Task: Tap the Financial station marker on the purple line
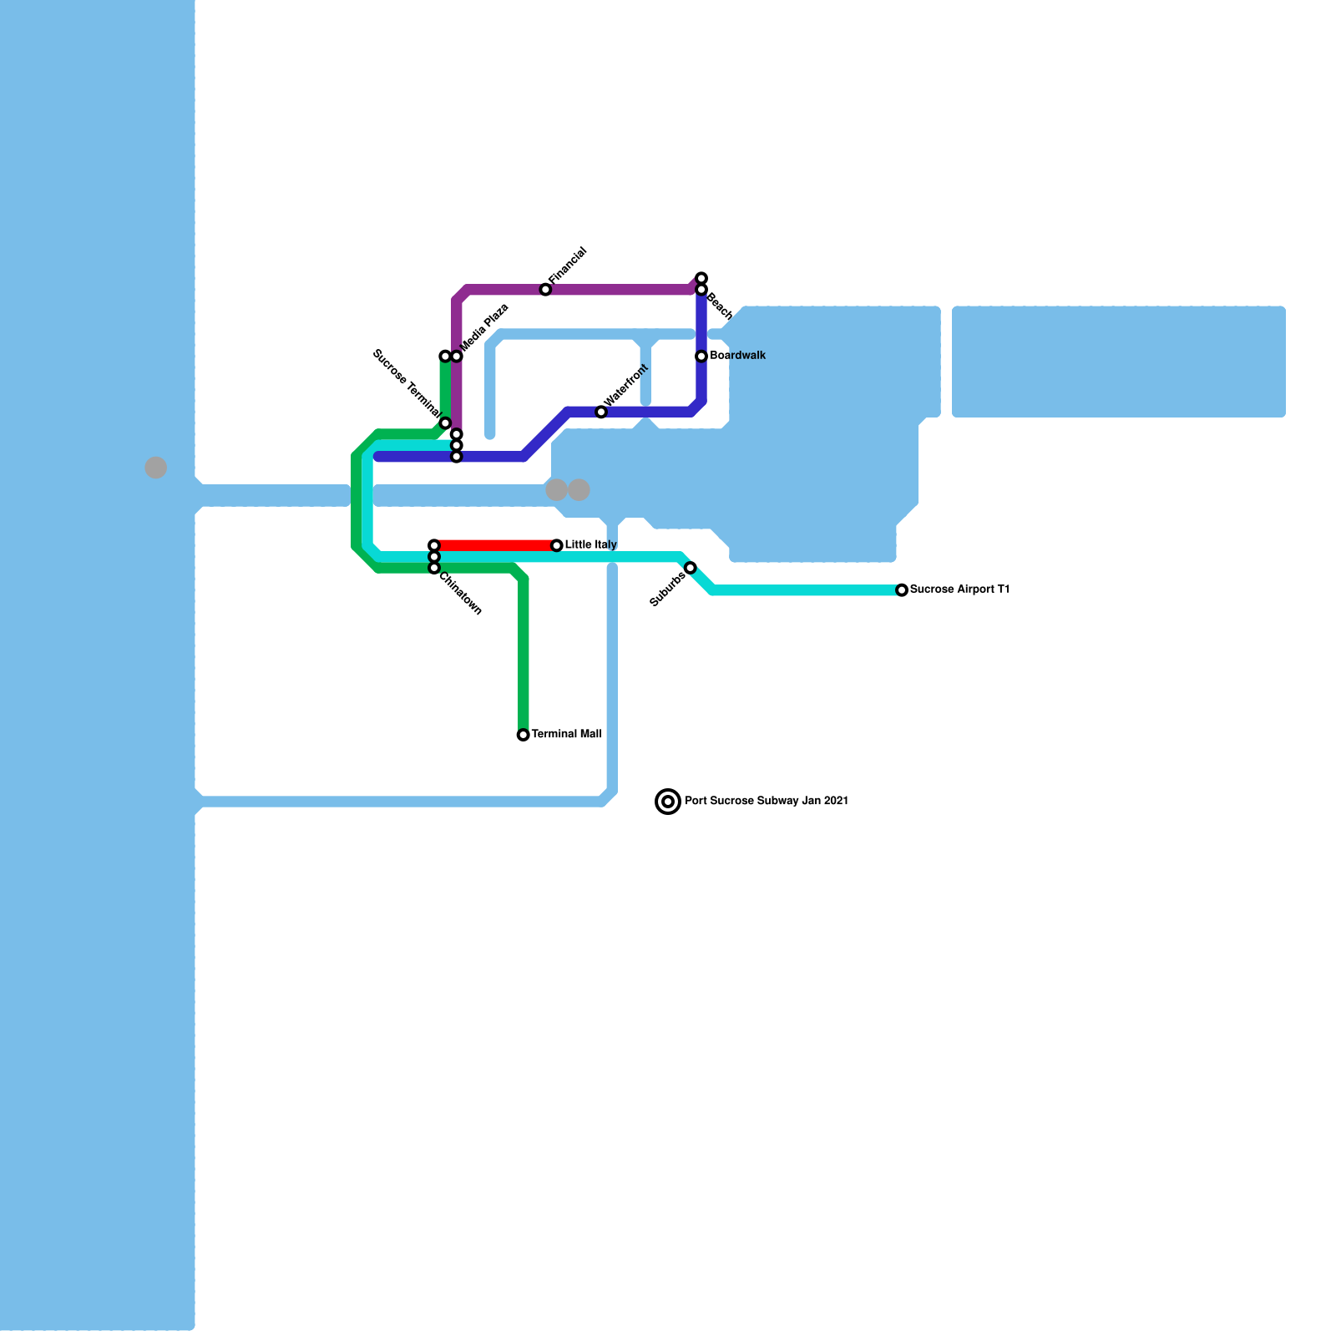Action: tap(545, 290)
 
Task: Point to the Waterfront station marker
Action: tap(601, 412)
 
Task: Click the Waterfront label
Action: tap(626, 385)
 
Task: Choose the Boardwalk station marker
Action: tap(701, 357)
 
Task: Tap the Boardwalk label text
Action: tap(738, 356)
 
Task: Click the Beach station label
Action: tap(720, 306)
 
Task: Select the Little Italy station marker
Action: tap(557, 545)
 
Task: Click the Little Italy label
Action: tap(591, 545)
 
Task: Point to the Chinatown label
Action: tap(461, 594)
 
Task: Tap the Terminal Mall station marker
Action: tap(524, 735)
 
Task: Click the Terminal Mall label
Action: tap(567, 734)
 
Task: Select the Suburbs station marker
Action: tap(691, 568)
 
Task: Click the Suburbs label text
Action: tap(668, 590)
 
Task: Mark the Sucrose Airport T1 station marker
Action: tap(902, 590)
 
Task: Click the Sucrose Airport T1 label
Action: tap(960, 590)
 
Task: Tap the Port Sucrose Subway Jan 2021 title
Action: tap(767, 801)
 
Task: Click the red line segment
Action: tap(495, 545)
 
